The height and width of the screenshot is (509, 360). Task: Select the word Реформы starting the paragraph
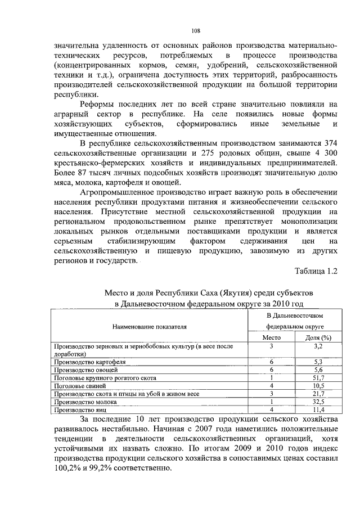[x=99, y=105]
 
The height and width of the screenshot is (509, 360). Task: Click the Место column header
[x=271, y=337]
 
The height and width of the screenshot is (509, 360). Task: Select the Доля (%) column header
[x=317, y=337]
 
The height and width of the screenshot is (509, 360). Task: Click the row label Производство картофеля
[x=85, y=363]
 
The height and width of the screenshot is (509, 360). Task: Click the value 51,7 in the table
[x=318, y=379]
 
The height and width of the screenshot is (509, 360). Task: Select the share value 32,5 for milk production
[x=318, y=403]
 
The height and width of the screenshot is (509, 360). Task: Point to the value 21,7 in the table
[x=318, y=395]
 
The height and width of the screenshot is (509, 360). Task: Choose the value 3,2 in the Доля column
[x=318, y=347]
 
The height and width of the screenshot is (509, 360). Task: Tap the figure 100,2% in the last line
[x=66, y=469]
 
